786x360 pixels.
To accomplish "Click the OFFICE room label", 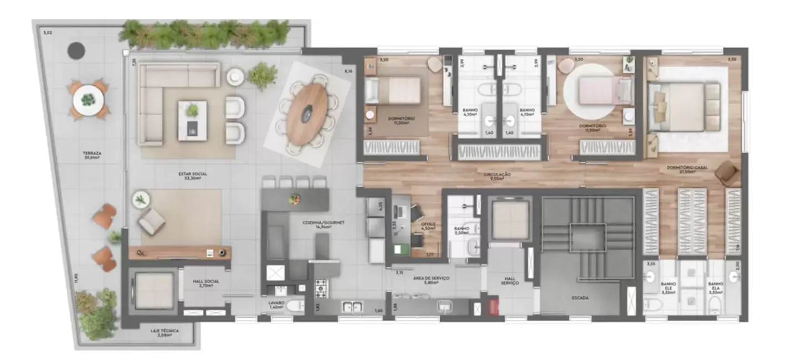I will pos(428,225).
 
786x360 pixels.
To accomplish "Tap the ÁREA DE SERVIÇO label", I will pos(435,280).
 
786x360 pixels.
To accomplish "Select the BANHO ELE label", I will pos(668,287).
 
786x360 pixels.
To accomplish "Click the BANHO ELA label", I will pos(715,287).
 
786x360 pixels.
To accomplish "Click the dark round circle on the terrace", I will pos(76,51).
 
